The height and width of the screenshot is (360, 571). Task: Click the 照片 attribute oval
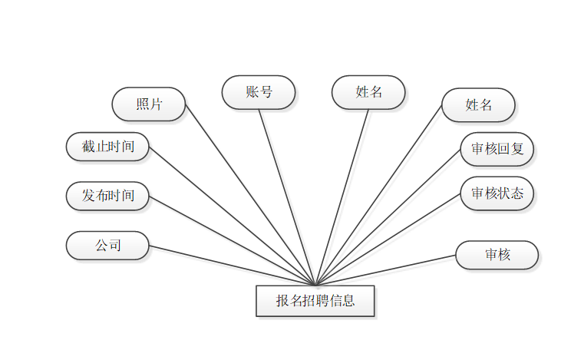149,104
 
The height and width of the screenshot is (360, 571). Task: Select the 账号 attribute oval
259,92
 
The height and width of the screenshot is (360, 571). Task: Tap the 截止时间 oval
107,146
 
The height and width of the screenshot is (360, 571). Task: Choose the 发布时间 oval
107,196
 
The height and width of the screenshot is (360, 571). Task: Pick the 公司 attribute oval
107,246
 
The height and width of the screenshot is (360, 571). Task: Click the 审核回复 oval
497,149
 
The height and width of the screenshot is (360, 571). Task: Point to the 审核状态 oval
497,193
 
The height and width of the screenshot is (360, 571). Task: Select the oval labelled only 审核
497,255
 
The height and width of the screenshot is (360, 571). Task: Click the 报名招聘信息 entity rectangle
315,301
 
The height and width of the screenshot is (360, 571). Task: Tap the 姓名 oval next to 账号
368,92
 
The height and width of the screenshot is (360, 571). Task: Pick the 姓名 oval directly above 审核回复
479,105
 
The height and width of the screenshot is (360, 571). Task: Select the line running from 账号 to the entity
287,197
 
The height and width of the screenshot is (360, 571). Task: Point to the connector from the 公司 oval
230,265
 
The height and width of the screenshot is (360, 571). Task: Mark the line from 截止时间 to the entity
230,215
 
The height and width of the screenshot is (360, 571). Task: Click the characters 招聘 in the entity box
315,301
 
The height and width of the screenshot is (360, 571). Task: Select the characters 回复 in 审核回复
511,149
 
